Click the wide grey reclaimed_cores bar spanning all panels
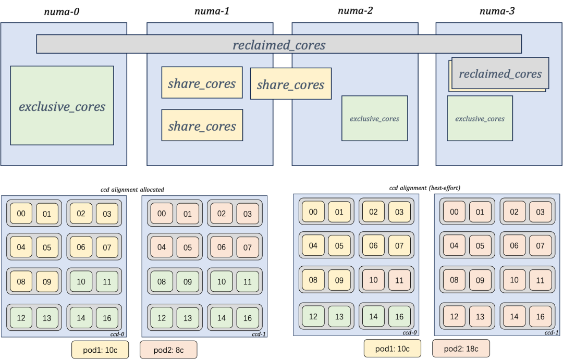[279, 44]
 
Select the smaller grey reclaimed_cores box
[500, 74]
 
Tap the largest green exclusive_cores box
[62, 106]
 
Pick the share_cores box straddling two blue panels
[290, 84]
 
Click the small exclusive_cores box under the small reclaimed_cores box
[480, 118]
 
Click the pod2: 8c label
[168, 350]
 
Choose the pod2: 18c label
[461, 349]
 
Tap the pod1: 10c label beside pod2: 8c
[100, 350]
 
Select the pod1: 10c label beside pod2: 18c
[393, 349]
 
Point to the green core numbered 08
[162, 281]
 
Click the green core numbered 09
[188, 281]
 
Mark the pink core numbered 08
[454, 280]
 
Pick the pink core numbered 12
[454, 316]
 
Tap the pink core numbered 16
[540, 316]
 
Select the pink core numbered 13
[480, 316]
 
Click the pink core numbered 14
[514, 316]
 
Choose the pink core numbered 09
[480, 280]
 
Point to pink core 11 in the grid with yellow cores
[399, 280]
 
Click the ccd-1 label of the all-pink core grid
[552, 332]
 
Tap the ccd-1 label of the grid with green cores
[259, 333]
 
